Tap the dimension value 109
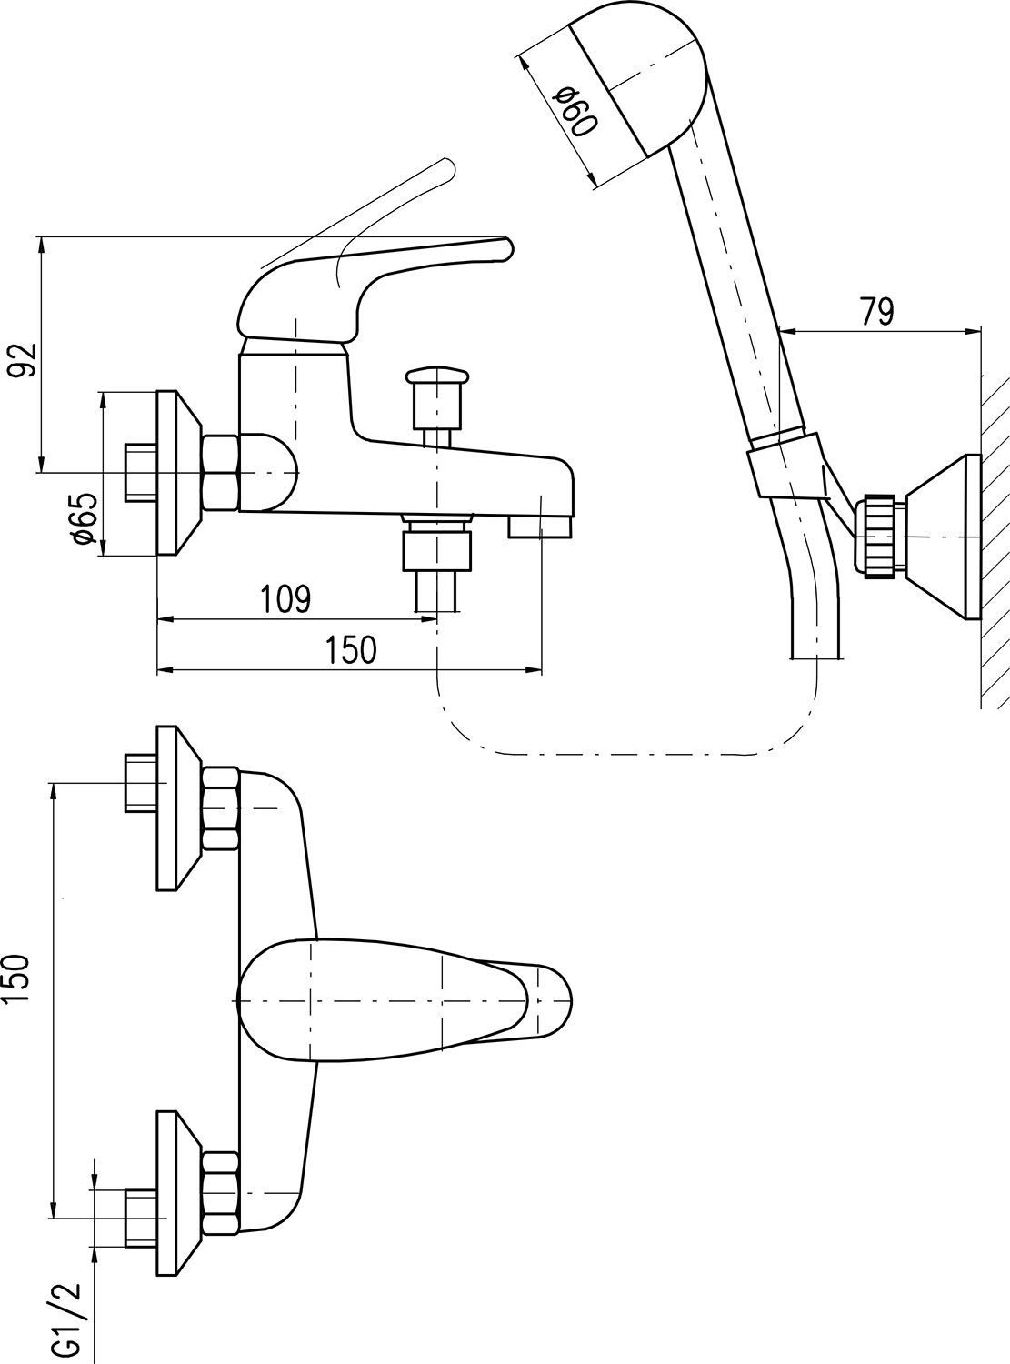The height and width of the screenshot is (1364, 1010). [x=285, y=599]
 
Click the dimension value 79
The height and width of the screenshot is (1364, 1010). [x=876, y=311]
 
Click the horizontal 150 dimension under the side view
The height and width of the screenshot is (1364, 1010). [x=350, y=650]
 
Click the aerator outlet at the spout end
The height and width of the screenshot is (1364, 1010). [x=540, y=527]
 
